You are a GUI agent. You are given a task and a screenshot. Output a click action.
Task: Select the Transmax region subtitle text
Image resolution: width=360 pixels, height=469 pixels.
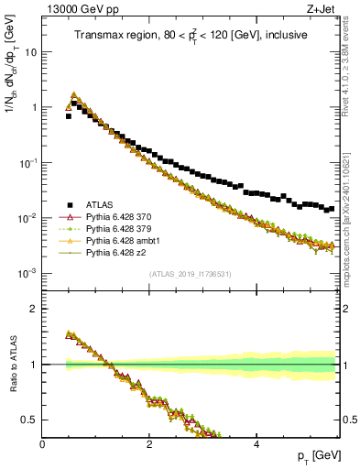(x=191, y=35)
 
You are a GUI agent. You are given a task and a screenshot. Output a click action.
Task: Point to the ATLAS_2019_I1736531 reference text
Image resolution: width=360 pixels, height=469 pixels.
(x=190, y=274)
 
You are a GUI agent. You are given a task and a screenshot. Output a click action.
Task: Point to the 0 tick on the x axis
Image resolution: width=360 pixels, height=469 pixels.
(x=42, y=443)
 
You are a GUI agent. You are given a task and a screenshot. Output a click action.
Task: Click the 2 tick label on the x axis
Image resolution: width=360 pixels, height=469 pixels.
(x=148, y=443)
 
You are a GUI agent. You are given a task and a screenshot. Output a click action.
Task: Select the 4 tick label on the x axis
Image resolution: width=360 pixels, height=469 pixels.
(x=256, y=443)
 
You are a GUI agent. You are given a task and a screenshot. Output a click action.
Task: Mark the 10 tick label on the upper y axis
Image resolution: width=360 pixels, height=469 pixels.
(x=29, y=52)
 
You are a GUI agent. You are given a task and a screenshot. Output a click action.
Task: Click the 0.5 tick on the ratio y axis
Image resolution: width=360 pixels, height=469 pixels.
(x=28, y=420)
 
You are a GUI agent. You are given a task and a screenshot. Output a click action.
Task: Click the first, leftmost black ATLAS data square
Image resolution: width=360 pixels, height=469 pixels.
(x=68, y=116)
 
